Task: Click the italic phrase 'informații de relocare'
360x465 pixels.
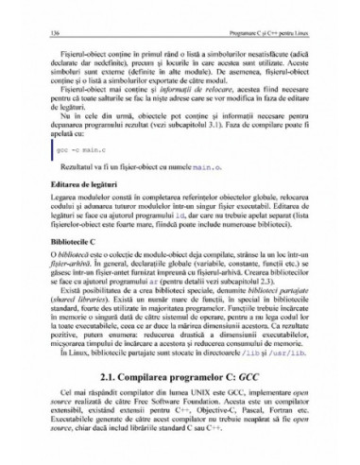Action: [x=195, y=91]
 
